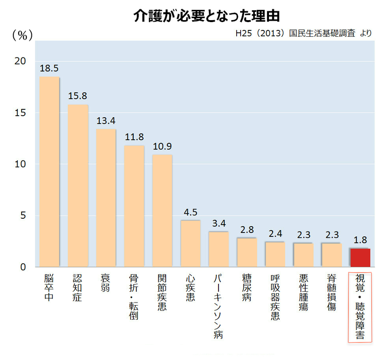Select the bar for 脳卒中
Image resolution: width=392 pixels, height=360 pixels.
click(x=49, y=172)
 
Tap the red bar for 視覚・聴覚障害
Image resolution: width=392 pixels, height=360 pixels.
click(x=360, y=258)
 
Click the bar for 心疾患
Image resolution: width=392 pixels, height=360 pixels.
click(x=190, y=243)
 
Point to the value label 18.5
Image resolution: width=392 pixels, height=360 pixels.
click(x=49, y=68)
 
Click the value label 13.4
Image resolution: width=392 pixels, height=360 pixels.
click(x=105, y=121)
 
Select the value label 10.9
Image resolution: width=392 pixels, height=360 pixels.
click(x=162, y=147)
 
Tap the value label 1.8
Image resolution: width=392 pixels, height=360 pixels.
click(x=360, y=240)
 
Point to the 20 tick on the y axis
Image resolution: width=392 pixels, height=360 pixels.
click(x=20, y=61)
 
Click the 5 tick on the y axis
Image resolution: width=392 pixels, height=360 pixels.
click(x=23, y=216)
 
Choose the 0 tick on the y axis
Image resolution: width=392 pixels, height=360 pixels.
click(x=23, y=267)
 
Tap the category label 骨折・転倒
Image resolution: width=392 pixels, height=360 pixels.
click(x=134, y=297)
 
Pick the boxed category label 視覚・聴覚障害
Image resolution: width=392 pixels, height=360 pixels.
click(x=360, y=308)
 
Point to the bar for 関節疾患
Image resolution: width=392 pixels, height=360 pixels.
click(x=162, y=211)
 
